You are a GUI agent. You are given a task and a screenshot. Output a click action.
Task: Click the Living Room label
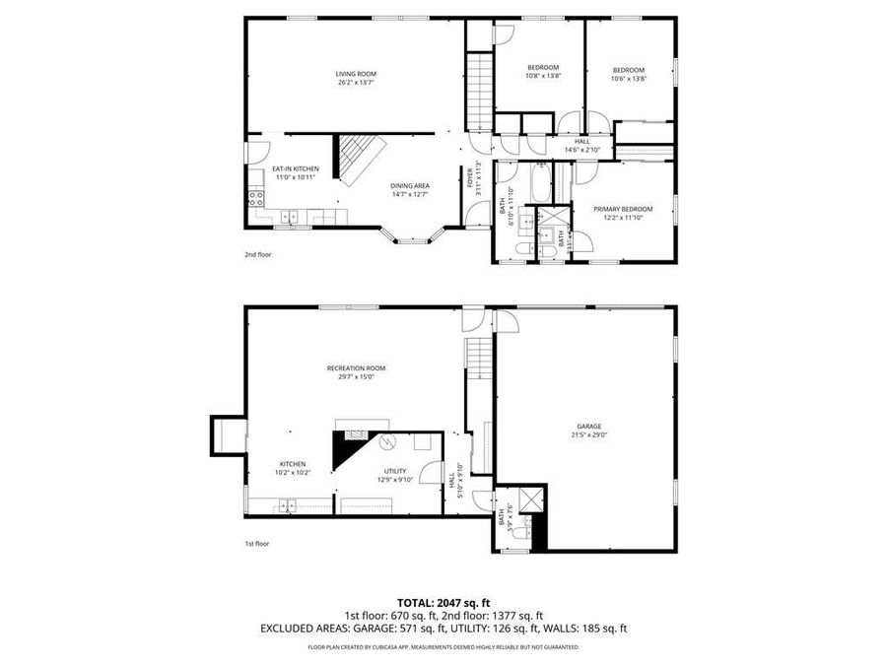(x=355, y=78)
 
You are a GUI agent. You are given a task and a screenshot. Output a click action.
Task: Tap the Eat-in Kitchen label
(x=295, y=172)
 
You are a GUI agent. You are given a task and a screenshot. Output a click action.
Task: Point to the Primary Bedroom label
(x=623, y=213)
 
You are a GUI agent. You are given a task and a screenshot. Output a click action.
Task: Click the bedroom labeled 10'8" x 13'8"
(x=542, y=72)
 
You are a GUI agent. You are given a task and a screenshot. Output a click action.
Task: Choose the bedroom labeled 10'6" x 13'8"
(x=628, y=74)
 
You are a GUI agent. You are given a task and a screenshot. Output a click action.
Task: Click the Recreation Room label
(x=356, y=371)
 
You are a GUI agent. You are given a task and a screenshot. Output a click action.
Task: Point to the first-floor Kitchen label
(x=292, y=468)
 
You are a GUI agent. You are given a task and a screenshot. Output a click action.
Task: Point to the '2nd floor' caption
(x=257, y=254)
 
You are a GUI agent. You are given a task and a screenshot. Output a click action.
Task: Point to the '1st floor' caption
(x=256, y=543)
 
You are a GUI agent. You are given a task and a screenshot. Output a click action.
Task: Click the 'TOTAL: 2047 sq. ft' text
(x=443, y=601)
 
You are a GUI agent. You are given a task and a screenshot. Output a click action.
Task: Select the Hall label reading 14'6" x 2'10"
(x=582, y=146)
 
